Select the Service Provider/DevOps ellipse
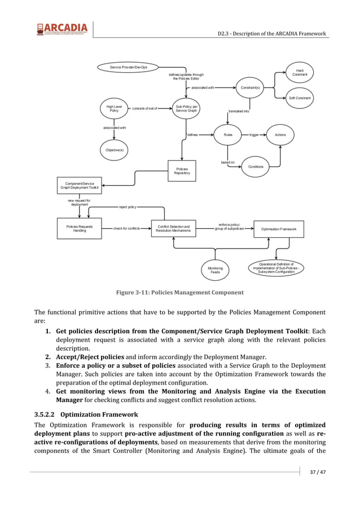click(129, 67)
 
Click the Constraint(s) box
click(250, 88)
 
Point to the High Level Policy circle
click(114, 108)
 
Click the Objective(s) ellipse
click(114, 150)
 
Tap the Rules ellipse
click(228, 135)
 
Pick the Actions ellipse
click(280, 135)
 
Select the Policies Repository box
click(182, 171)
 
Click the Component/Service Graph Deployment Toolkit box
click(80, 185)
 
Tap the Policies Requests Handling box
click(80, 228)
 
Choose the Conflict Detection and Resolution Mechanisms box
click(173, 228)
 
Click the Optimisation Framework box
click(279, 229)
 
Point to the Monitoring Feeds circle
click(215, 270)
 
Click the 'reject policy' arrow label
click(128, 207)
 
